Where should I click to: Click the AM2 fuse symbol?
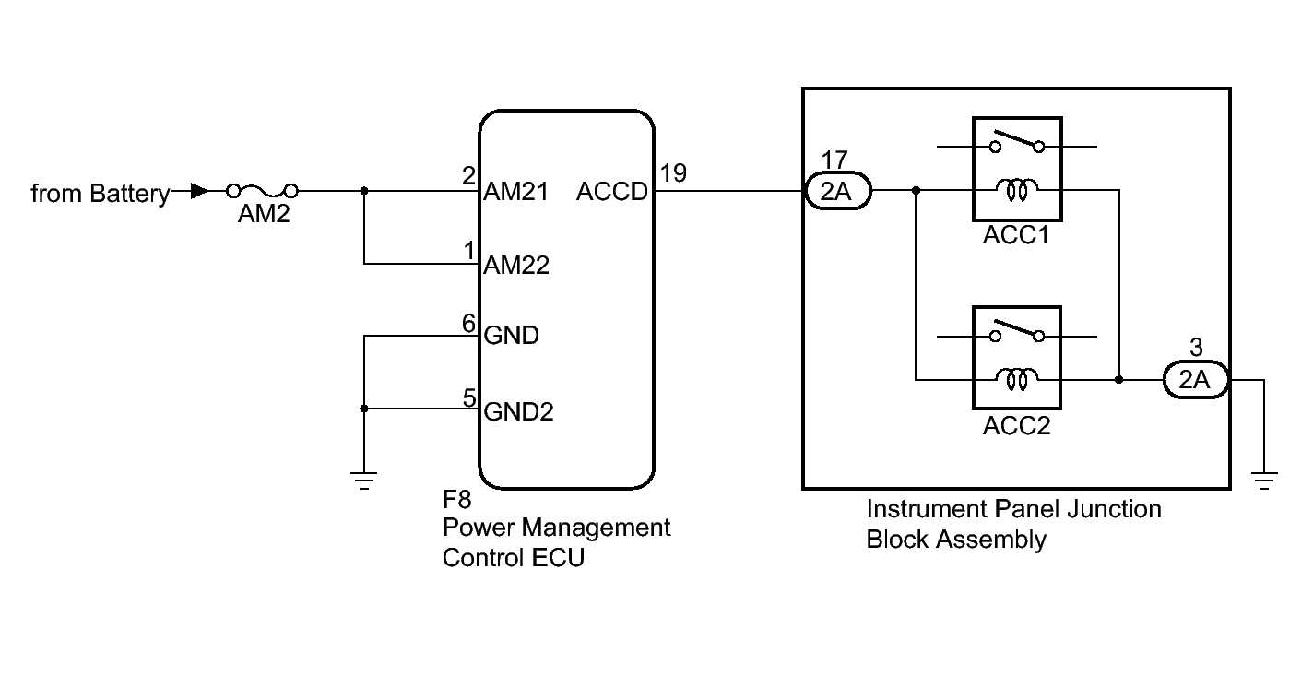point(263,191)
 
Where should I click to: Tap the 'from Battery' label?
point(100,194)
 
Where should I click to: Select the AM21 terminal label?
point(516,192)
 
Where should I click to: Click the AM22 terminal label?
point(516,266)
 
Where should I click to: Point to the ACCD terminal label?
point(612,192)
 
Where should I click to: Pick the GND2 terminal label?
point(519,411)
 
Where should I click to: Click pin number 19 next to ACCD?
point(673,172)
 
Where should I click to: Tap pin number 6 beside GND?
point(468,323)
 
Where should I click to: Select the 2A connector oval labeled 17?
point(837,192)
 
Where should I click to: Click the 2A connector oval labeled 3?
point(1196,380)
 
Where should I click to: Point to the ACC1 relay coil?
point(1017,191)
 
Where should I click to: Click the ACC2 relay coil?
point(1017,379)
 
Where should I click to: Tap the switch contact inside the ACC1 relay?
point(1017,145)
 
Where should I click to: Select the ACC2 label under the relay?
point(1017,427)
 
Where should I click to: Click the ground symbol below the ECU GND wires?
point(364,479)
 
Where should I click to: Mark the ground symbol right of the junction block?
point(1264,479)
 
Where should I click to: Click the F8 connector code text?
point(457,501)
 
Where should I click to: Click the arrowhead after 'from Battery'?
point(198,191)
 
